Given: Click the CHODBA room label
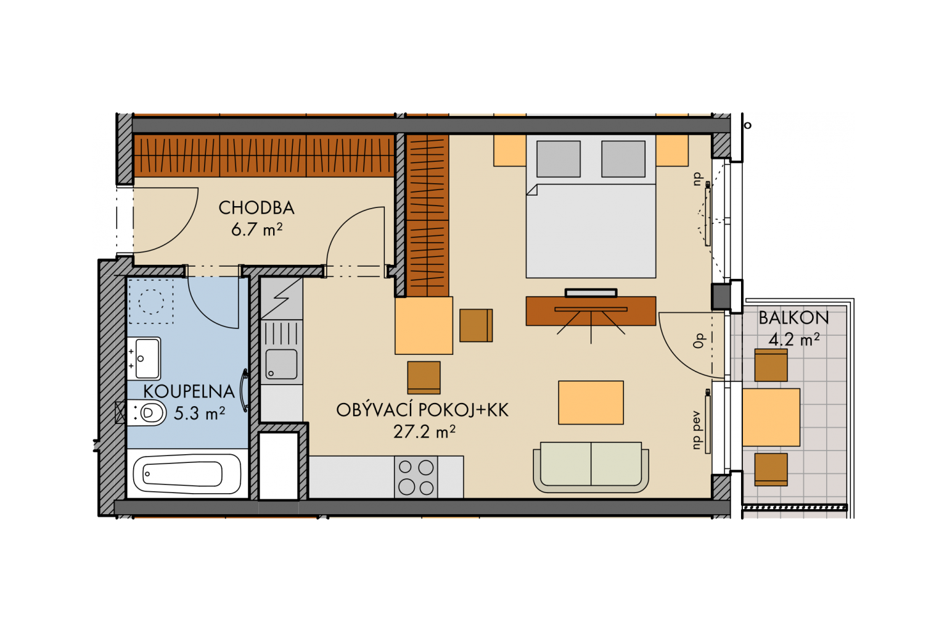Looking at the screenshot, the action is coord(256,208).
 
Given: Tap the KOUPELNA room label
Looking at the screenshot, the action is coord(189,391).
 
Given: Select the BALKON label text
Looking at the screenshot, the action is coord(793,318).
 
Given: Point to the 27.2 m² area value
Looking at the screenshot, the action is coord(424,432).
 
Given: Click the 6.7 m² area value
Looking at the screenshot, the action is coord(256,230).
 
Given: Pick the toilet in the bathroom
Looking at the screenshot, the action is coord(146,413).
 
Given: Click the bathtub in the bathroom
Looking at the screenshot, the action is coord(187,474).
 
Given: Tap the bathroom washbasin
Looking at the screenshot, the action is coord(144,359).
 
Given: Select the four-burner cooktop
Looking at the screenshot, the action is coord(416,478).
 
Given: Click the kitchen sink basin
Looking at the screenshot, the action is coord(281,364).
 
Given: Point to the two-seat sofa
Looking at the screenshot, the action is coord(591,467).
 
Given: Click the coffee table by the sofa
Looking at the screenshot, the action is coord(591,402).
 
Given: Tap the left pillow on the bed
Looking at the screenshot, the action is coord(558,159).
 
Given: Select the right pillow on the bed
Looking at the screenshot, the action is coord(623,159).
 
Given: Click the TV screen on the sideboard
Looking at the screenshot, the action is coord(591,293).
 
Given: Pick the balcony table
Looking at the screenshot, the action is coord(771,417).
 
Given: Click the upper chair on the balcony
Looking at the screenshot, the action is coord(771,365).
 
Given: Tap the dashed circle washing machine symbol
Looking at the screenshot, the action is coord(151,301).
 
